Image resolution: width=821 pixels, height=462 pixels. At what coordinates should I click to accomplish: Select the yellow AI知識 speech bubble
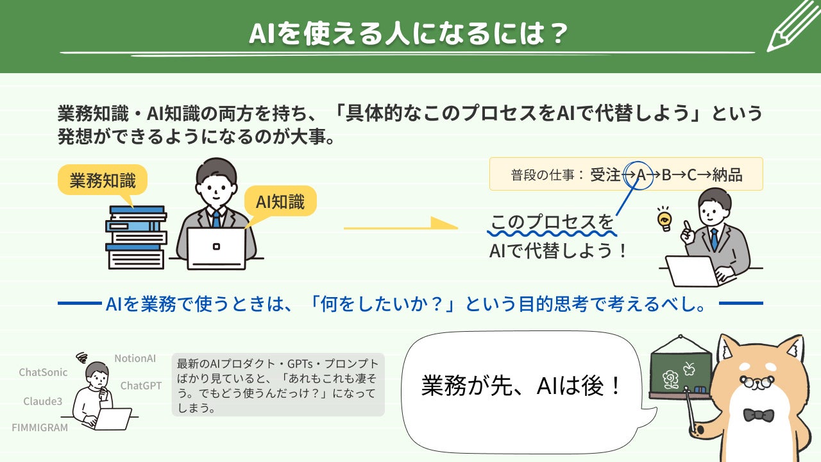pyautogui.click(x=280, y=202)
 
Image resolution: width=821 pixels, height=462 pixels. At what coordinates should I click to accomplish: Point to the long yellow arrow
pyautogui.click(x=400, y=225)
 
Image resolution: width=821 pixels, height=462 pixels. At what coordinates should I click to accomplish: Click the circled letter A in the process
pyautogui.click(x=640, y=175)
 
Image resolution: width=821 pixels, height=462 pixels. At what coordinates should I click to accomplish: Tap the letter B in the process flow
pyautogui.click(x=666, y=175)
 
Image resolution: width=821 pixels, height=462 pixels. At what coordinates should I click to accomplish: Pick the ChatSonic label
pyautogui.click(x=43, y=372)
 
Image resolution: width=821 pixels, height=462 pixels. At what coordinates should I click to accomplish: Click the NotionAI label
pyautogui.click(x=135, y=358)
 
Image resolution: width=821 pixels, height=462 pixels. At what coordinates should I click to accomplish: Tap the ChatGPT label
pyautogui.click(x=141, y=386)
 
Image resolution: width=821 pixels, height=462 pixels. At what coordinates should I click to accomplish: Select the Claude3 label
pyautogui.click(x=43, y=401)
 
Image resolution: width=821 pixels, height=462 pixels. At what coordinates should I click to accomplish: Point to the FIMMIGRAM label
pyautogui.click(x=40, y=427)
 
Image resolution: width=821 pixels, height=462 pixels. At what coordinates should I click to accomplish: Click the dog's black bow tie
pyautogui.click(x=758, y=415)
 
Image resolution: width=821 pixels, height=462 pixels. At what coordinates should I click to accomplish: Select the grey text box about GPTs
pyautogui.click(x=278, y=384)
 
